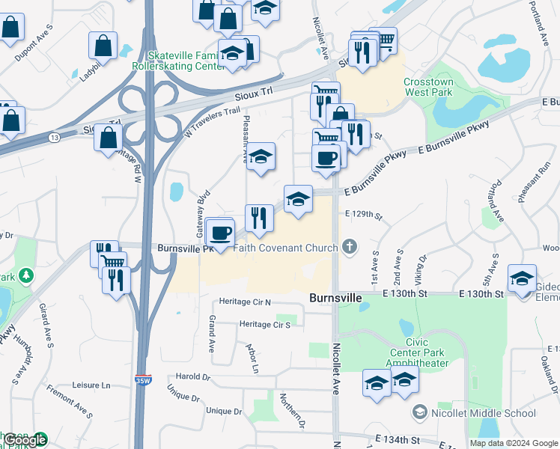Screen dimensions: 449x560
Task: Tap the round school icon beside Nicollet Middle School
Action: tap(419, 412)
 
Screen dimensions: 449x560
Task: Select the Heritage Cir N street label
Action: tap(245, 302)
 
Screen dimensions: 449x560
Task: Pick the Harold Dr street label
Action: tap(194, 376)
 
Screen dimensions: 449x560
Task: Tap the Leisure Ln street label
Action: tap(91, 385)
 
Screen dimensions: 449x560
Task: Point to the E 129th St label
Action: tap(364, 215)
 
